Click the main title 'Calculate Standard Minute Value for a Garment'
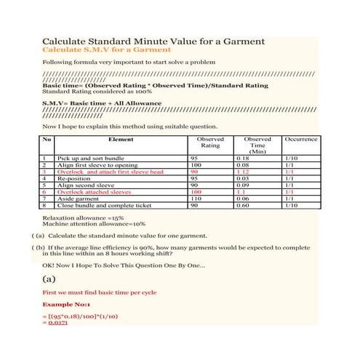pyautogui.click(x=153, y=41)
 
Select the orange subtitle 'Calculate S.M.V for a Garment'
pyautogui.click(x=107, y=50)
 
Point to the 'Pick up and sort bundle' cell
pyautogui.click(x=86, y=158)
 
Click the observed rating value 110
pyautogui.click(x=195, y=199)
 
